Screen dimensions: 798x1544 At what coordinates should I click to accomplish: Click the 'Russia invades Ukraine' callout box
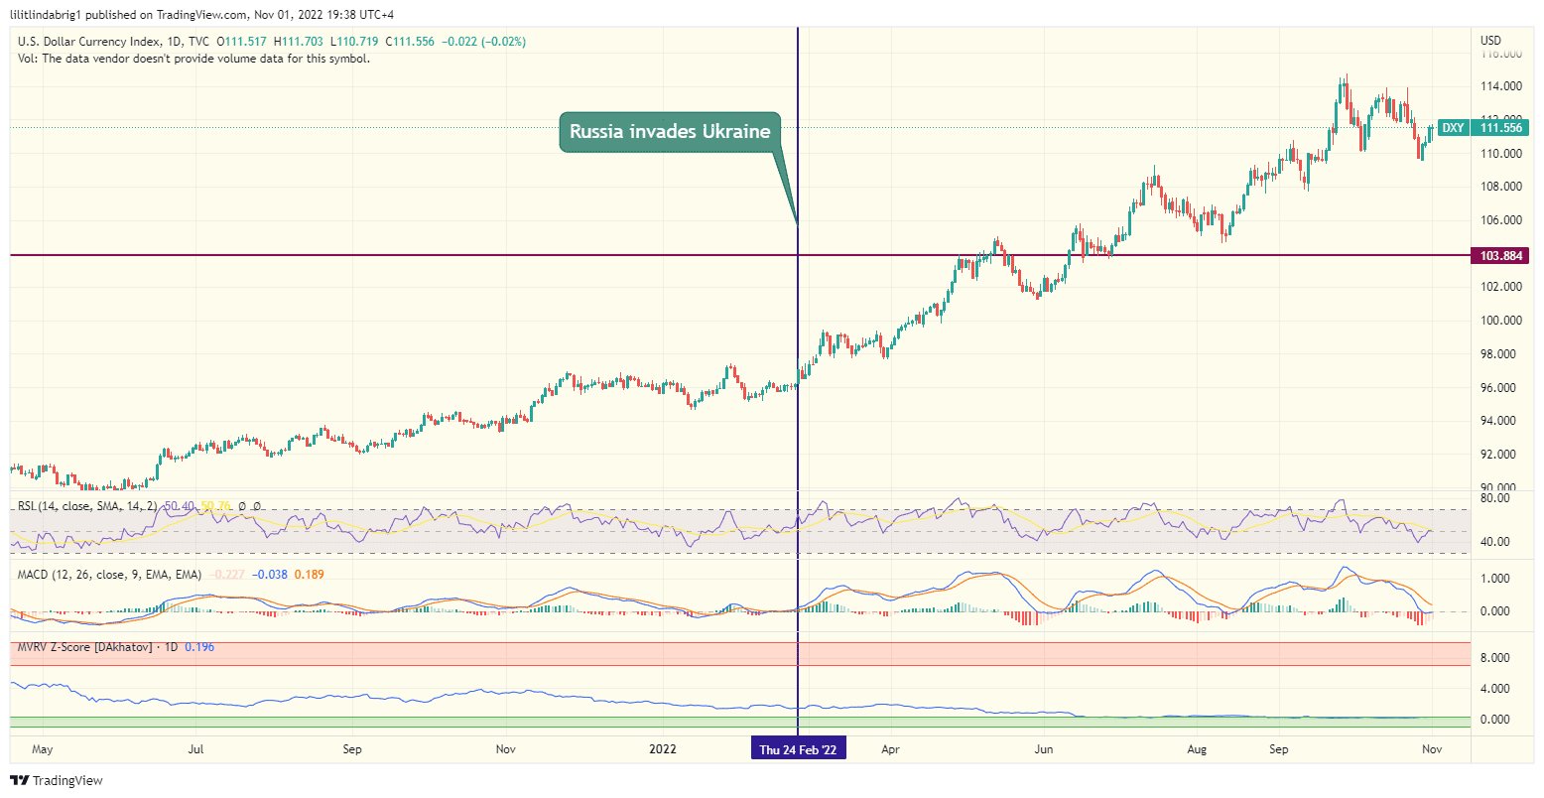coord(670,132)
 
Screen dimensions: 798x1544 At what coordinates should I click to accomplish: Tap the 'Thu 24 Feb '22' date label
coord(798,749)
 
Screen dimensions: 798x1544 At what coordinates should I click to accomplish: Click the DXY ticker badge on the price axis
coord(1453,128)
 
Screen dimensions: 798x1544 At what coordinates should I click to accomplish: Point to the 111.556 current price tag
coord(1501,128)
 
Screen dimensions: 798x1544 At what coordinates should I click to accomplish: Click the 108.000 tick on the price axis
coord(1501,187)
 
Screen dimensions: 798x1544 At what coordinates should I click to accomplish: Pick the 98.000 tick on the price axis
coord(1501,354)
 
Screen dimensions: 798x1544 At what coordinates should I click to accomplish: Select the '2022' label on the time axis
coord(662,749)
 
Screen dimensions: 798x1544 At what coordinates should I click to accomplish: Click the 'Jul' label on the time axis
coord(195,749)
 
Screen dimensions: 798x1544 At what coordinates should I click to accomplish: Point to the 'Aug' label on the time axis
coord(1198,749)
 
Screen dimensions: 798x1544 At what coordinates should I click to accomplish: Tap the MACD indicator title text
coord(110,575)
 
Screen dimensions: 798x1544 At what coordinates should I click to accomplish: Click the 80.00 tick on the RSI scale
coord(1495,498)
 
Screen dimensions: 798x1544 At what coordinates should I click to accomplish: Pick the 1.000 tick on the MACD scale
coord(1495,579)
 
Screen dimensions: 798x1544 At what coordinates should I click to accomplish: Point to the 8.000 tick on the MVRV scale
coord(1495,658)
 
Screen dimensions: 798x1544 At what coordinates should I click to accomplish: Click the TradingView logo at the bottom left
coord(57,781)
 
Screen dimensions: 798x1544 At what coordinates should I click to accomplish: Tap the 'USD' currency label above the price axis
coord(1490,41)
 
